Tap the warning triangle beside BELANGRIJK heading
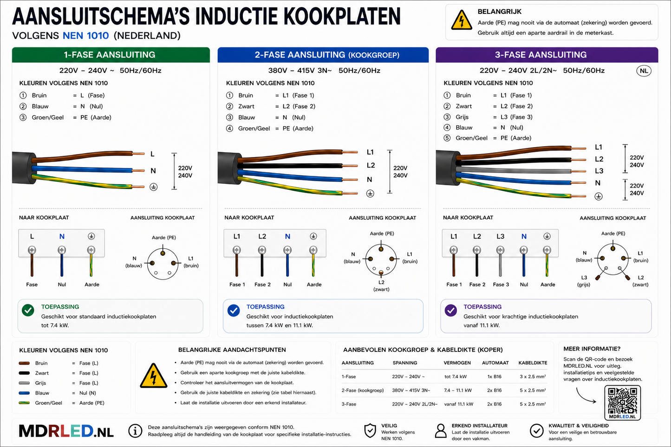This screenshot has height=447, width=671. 462,20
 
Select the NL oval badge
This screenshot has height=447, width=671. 644,71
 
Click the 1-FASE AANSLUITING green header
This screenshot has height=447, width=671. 111,55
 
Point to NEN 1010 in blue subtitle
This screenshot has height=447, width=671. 85,36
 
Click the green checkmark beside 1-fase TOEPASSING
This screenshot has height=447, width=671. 28,311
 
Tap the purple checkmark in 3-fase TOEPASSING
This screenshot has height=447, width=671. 451,311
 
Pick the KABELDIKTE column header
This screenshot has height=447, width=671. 533,363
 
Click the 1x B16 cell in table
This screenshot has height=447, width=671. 494,376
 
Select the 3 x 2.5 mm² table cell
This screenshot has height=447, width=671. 533,376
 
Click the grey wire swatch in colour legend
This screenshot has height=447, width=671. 24,383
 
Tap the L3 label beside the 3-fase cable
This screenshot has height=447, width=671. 599,171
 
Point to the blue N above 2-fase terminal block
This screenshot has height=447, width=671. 287,237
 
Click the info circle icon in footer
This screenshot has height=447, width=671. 135,431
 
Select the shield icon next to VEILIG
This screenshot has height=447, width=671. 370,431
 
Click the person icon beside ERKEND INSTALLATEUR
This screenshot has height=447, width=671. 441,431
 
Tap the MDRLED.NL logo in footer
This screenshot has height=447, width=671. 66,431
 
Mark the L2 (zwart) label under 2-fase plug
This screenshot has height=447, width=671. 381,286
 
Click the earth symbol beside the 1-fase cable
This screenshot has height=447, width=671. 154,187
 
